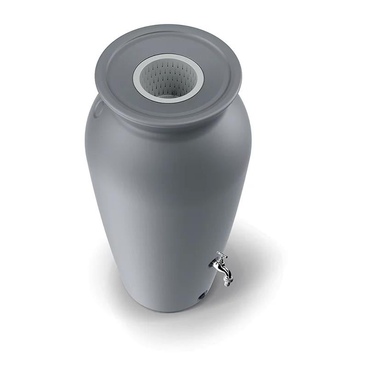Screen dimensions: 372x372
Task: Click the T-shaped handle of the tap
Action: click(222, 254)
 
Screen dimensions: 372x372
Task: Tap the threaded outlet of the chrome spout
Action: click(227, 281)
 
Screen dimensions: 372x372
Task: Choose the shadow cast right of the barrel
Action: click(258, 258)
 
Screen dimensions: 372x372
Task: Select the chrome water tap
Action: click(222, 269)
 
